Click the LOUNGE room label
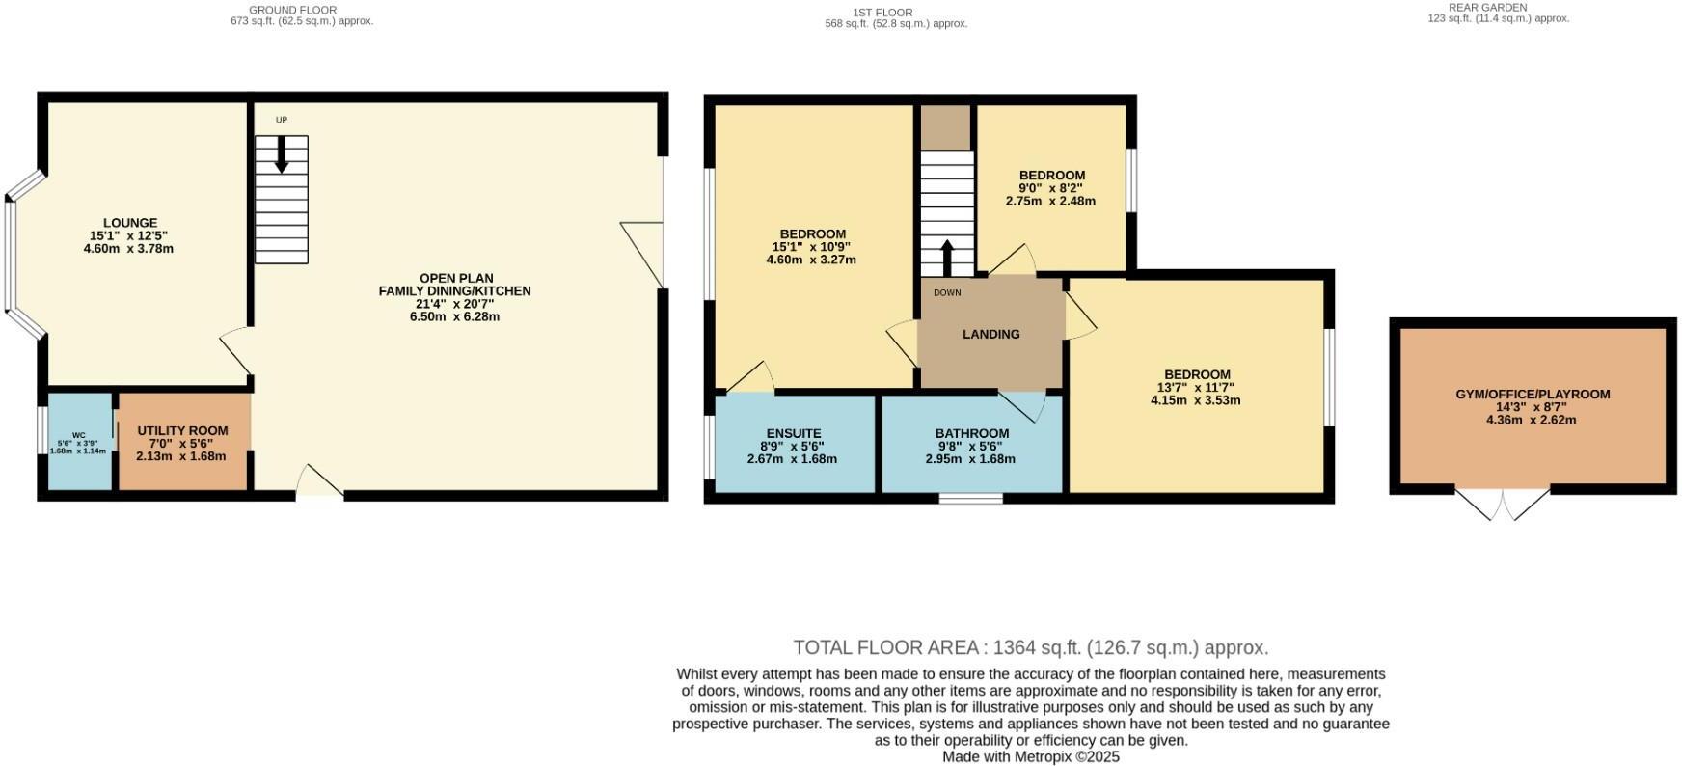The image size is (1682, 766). [x=130, y=223]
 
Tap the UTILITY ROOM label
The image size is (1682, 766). [x=182, y=431]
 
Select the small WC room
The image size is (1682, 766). [x=80, y=441]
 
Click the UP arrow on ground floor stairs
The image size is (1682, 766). [x=282, y=154]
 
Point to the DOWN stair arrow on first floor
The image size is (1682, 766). [x=946, y=259]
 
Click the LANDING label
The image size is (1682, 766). [x=990, y=334]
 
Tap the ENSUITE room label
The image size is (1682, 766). [x=794, y=434]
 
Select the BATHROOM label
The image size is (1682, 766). [x=972, y=434]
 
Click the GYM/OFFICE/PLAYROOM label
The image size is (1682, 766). [x=1533, y=394]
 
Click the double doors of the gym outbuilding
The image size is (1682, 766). [x=1503, y=504]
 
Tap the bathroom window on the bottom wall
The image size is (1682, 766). [x=971, y=498]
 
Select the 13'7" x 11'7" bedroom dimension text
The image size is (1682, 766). [x=1195, y=387]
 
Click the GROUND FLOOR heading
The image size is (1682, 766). [x=293, y=10]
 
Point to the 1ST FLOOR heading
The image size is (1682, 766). [x=882, y=13]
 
